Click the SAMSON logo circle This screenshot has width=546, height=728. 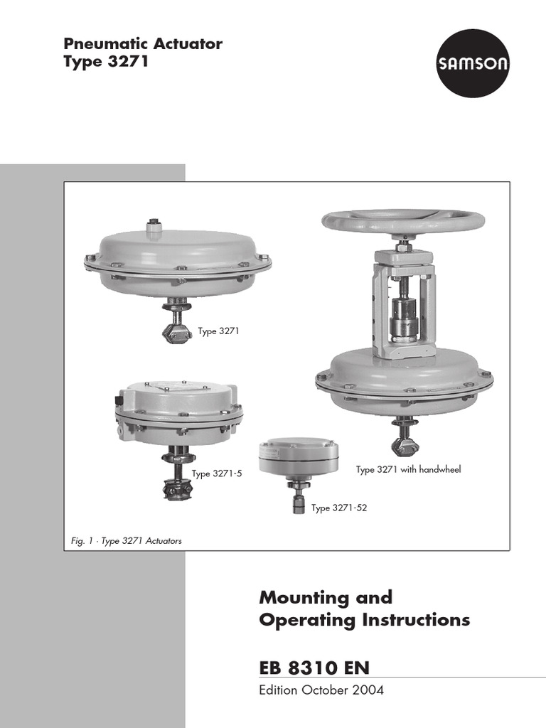click(x=473, y=64)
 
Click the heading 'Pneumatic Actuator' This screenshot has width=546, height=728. click(x=143, y=44)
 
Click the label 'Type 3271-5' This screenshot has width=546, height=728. click(x=217, y=473)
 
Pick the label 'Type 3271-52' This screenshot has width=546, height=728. click(x=338, y=508)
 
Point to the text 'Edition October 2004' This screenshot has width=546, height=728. click(x=321, y=690)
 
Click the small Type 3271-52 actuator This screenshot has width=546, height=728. click(x=297, y=459)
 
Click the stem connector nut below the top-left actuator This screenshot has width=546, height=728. click(x=176, y=331)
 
